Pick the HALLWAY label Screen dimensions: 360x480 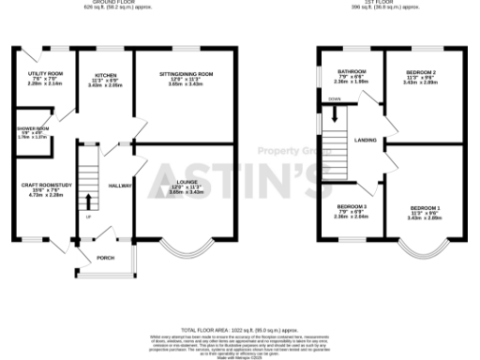[x=119, y=186]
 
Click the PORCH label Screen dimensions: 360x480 [x=106, y=257]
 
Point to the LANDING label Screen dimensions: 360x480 [x=365, y=141]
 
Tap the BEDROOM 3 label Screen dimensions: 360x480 [x=352, y=205]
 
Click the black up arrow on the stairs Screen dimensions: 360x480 [x=89, y=200]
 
